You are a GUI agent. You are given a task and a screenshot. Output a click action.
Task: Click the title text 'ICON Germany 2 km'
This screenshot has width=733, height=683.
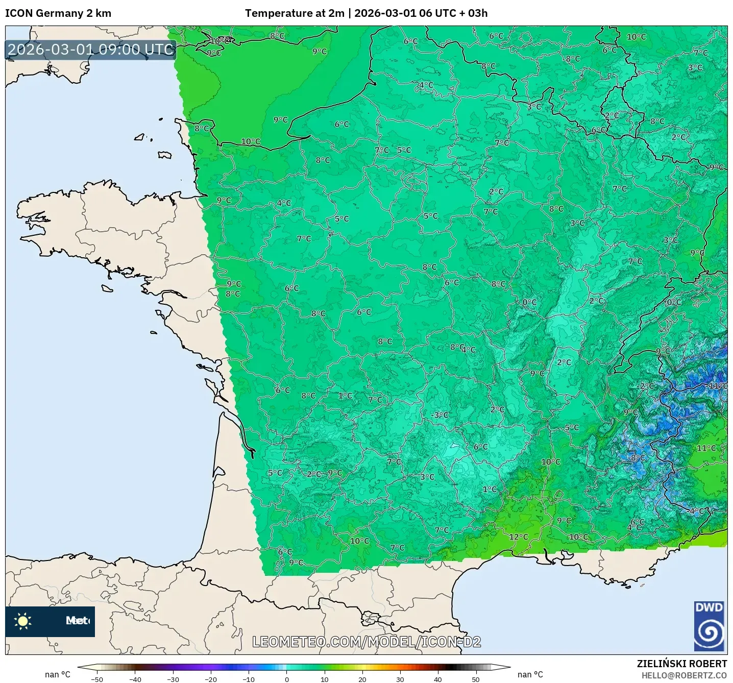(x=58, y=13)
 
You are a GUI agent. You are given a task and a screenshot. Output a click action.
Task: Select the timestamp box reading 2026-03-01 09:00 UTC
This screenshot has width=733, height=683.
(x=91, y=50)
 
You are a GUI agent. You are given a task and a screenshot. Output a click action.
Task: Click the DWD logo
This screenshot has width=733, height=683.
(x=709, y=626)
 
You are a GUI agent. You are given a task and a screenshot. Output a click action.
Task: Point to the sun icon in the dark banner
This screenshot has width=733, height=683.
(x=23, y=621)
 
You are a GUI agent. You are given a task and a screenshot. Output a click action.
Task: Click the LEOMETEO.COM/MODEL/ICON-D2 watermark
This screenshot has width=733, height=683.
(x=366, y=642)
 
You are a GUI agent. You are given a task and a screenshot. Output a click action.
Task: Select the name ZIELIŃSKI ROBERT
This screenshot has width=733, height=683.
(x=681, y=664)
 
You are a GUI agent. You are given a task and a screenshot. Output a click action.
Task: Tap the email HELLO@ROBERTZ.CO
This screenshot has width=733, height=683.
(x=684, y=675)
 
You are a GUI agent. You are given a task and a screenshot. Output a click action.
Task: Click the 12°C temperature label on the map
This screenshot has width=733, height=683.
(x=518, y=537)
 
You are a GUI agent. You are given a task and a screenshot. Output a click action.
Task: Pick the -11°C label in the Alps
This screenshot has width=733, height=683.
(x=717, y=386)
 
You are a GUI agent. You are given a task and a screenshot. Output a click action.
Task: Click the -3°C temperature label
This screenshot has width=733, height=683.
(x=439, y=415)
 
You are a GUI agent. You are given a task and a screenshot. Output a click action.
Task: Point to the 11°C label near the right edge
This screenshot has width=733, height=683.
(x=706, y=448)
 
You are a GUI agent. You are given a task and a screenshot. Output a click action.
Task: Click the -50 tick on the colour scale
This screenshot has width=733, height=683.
(x=96, y=679)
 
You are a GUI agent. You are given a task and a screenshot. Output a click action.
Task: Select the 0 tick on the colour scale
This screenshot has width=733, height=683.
(x=286, y=679)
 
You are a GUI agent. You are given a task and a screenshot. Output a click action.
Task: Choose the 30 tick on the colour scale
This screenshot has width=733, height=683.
(x=400, y=679)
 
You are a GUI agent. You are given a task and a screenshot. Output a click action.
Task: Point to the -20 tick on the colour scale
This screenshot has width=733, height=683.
(x=210, y=679)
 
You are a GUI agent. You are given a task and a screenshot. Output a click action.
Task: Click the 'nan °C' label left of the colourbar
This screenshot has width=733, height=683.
(x=57, y=674)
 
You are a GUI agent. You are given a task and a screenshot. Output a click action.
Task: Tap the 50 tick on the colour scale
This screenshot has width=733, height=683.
(x=475, y=679)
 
